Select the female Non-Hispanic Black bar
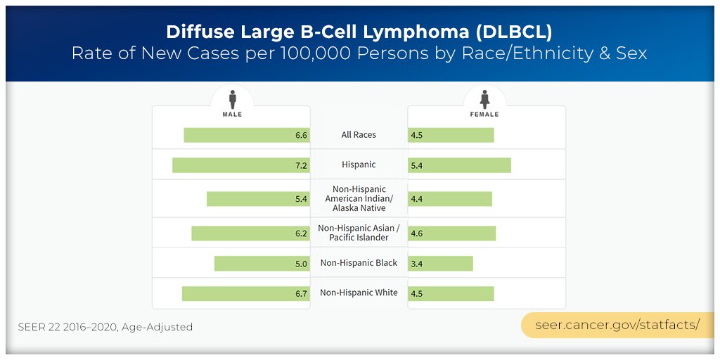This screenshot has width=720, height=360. click(440, 263)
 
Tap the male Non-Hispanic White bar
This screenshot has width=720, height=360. click(245, 293)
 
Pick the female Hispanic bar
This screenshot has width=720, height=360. click(459, 165)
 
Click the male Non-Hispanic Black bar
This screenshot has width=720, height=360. click(262, 263)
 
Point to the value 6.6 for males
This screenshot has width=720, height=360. click(301, 136)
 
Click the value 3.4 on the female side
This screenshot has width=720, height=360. click(417, 264)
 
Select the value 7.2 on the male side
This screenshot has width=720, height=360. click(301, 166)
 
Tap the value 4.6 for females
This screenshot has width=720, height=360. click(417, 233)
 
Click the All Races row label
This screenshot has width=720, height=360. click(359, 135)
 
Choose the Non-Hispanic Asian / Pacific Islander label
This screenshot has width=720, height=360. click(359, 233)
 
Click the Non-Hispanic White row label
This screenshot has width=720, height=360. click(359, 292)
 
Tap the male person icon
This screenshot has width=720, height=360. click(232, 98)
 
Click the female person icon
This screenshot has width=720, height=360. click(484, 98)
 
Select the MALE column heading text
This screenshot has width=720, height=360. click(232, 114)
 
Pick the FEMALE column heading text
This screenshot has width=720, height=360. click(484, 114)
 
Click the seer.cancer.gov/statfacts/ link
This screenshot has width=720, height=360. click(617, 325)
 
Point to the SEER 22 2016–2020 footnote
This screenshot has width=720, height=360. click(105, 327)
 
